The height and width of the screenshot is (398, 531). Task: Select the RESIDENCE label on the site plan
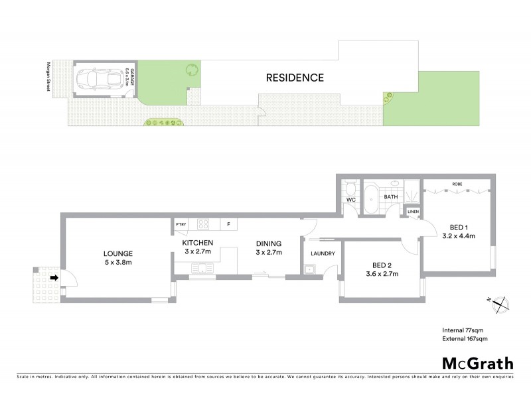pyautogui.click(x=295, y=78)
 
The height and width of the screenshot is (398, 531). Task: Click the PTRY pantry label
pyautogui.click(x=181, y=225)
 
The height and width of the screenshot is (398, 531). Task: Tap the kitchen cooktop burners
pyautogui.click(x=204, y=225)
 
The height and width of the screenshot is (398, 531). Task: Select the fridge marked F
pyautogui.click(x=228, y=225)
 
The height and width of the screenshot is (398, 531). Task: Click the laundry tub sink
pyautogui.click(x=310, y=269)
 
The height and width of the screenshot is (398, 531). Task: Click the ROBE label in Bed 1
pyautogui.click(x=457, y=184)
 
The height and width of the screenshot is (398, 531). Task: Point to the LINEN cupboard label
pyautogui.click(x=413, y=212)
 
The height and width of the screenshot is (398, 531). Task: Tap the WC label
pyautogui.click(x=351, y=199)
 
